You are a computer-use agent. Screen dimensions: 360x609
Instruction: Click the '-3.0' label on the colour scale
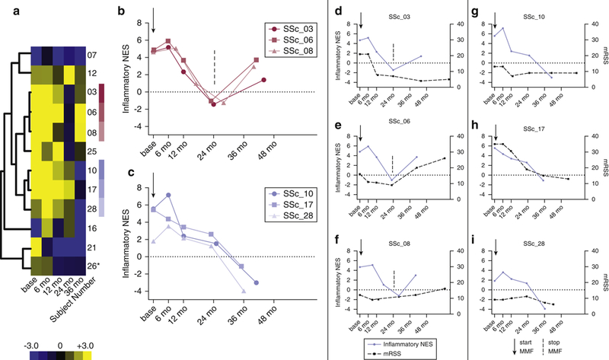(39, 344)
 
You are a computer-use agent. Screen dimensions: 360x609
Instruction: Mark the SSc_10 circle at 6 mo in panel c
(168, 196)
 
